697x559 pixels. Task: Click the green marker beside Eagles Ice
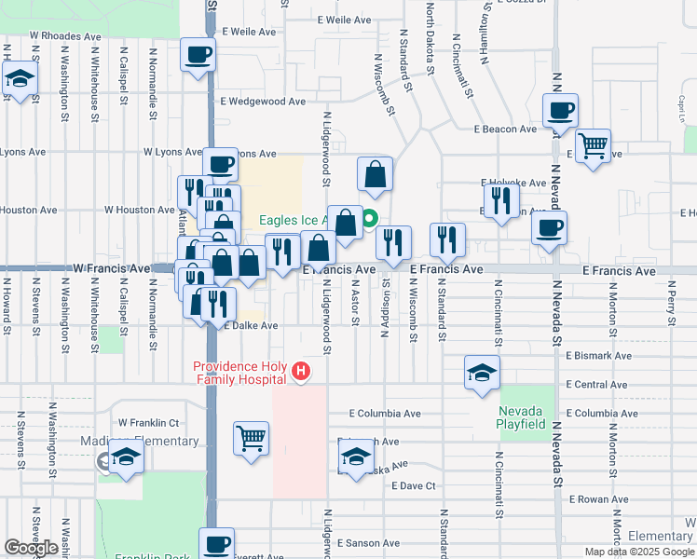369,220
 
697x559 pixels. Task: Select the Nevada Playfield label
522,417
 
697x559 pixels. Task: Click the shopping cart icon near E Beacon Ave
593,146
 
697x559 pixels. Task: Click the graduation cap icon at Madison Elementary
126,457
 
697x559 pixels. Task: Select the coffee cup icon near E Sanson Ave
217,543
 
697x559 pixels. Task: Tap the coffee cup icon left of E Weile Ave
197,55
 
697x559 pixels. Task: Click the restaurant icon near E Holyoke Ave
501,199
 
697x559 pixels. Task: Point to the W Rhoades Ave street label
64,36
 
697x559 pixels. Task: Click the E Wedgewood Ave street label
262,102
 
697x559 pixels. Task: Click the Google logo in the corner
31,548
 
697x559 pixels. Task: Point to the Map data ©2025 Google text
639,552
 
